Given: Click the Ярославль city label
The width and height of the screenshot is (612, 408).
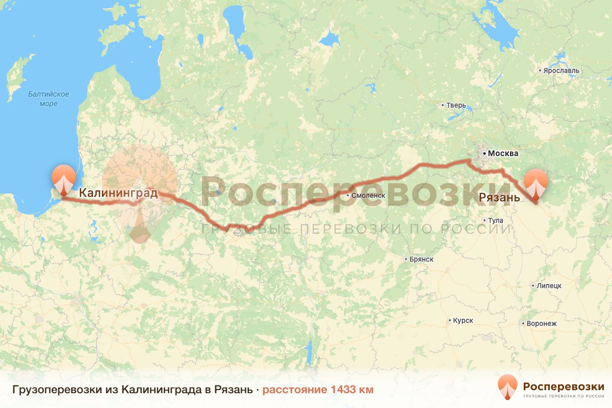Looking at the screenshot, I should click(x=562, y=70).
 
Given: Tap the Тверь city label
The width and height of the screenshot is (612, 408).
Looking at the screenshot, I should click(x=456, y=106).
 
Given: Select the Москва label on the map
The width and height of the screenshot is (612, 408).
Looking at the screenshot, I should click(x=503, y=154).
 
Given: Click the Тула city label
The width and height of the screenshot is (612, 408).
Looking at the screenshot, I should click(x=495, y=220).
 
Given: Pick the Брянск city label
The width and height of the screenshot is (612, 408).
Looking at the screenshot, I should click(x=421, y=259).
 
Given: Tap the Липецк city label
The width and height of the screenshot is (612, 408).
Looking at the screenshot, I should click(x=548, y=286).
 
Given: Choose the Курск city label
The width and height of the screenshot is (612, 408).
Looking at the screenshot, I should click(x=463, y=321).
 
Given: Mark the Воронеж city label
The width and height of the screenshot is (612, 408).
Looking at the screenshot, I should click(x=541, y=323).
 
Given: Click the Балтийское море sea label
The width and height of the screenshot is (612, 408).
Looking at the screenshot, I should click(x=48, y=99).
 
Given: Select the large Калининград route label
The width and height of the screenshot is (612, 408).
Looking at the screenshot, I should click(x=118, y=193).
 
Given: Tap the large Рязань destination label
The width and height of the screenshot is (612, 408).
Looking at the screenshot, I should click(x=499, y=197).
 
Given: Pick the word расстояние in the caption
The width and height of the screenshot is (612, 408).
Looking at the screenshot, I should click(x=295, y=390).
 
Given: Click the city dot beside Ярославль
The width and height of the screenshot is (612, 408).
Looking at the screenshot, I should click(x=541, y=70).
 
